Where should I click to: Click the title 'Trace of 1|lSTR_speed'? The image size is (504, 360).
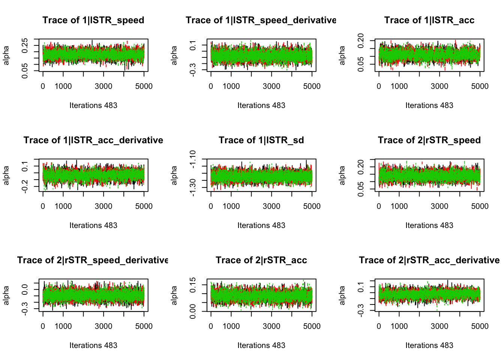[93, 20]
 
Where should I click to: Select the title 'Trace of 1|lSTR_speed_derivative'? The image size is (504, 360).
[261, 20]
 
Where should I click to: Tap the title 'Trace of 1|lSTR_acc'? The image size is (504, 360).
[429, 20]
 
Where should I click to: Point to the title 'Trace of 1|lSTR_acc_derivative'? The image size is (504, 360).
[93, 140]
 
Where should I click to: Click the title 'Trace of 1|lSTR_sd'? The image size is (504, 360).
[261, 140]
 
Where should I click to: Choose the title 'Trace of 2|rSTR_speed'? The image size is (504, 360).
[429, 140]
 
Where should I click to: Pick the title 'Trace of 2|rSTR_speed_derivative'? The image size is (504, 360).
[93, 260]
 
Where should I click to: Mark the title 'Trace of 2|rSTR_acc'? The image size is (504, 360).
[261, 260]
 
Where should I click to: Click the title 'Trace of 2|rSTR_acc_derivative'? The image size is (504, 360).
[429, 260]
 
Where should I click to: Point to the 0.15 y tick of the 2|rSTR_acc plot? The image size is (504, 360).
[193, 285]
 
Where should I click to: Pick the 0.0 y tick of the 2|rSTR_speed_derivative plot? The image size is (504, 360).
[25, 289]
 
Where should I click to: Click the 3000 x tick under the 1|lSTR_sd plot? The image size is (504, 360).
[271, 206]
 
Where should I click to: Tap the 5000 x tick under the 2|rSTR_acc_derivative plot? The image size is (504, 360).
[480, 326]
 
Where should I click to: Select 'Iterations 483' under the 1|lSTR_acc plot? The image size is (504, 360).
[429, 105]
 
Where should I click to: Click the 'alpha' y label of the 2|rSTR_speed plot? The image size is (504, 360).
[342, 175]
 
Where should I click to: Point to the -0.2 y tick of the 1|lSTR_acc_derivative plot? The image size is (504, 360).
[25, 186]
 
